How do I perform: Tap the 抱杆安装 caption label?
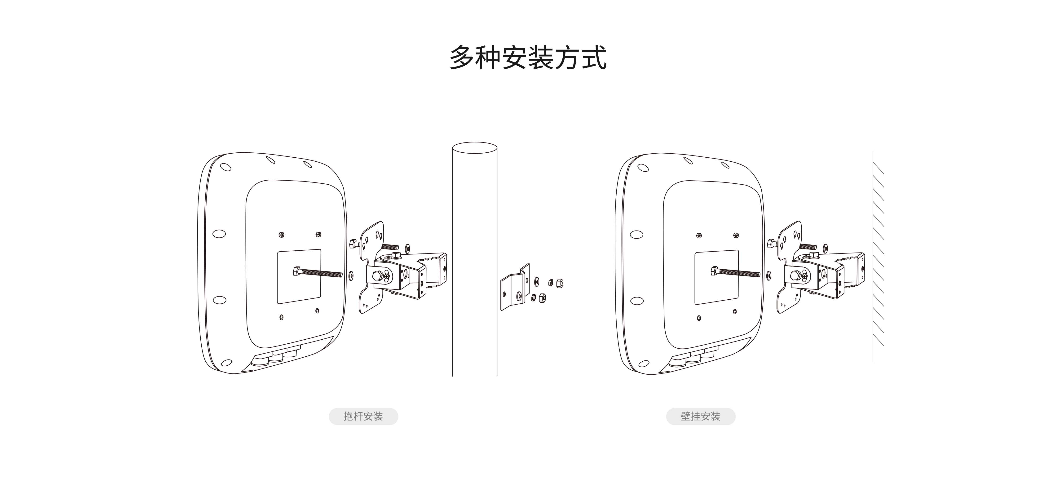coord(363,416)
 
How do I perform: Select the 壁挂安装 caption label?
coord(700,416)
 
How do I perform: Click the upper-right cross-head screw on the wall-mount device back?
coord(736,235)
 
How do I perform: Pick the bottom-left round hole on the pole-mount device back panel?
coord(281,317)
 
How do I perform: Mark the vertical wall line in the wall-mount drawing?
coord(873,255)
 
